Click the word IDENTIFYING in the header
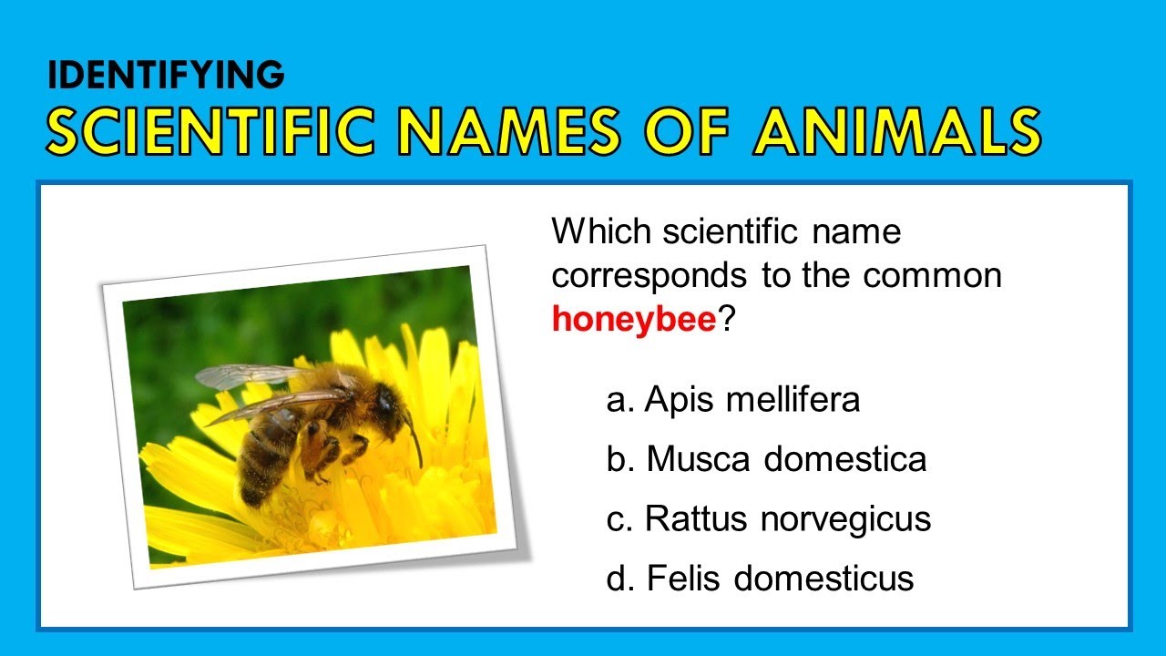click(x=166, y=77)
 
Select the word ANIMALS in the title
click(x=896, y=131)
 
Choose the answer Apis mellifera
click(x=752, y=400)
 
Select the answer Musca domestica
click(x=786, y=459)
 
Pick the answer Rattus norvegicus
click(x=788, y=519)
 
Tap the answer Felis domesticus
click(x=780, y=579)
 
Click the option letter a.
click(x=619, y=400)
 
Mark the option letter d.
click(x=619, y=579)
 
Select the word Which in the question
click(x=601, y=231)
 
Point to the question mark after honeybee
click(x=726, y=319)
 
